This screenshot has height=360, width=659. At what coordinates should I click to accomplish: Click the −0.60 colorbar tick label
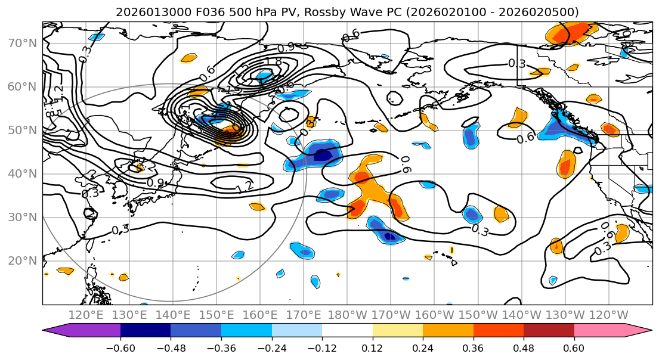pos(120,347)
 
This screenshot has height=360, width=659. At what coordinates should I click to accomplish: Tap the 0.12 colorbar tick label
pos(372,347)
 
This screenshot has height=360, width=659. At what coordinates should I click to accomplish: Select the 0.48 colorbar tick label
pos(524,347)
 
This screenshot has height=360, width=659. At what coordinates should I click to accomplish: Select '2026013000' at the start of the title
pos(145,12)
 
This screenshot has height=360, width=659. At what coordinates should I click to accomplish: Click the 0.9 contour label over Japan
pos(156,182)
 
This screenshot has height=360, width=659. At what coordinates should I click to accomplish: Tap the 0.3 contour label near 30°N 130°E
pos(120,229)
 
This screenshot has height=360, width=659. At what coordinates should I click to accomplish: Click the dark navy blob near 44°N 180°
pos(323,155)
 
